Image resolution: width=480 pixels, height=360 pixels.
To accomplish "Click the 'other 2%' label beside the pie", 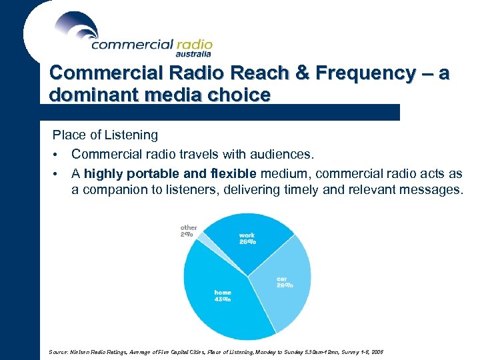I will [188, 231].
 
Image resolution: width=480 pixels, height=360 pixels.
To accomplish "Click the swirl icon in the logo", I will [77, 27].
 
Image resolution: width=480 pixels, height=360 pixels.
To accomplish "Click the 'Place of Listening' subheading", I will [105, 135].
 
